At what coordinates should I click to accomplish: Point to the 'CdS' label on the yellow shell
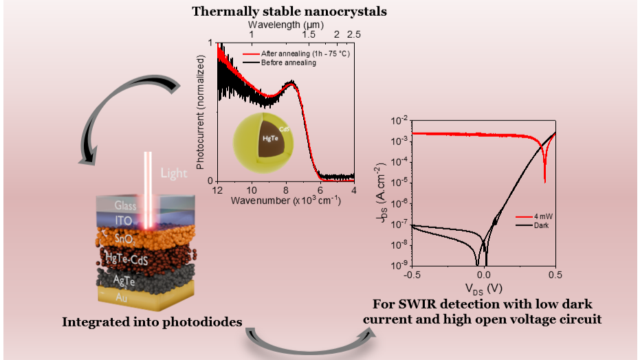point(283,128)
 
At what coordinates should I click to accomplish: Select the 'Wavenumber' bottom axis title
point(285,201)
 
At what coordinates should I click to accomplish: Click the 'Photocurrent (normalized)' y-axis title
point(202,111)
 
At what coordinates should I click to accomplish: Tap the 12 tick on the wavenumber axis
point(217,190)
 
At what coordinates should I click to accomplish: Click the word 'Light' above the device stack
point(174,173)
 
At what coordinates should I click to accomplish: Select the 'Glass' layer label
point(125,205)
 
